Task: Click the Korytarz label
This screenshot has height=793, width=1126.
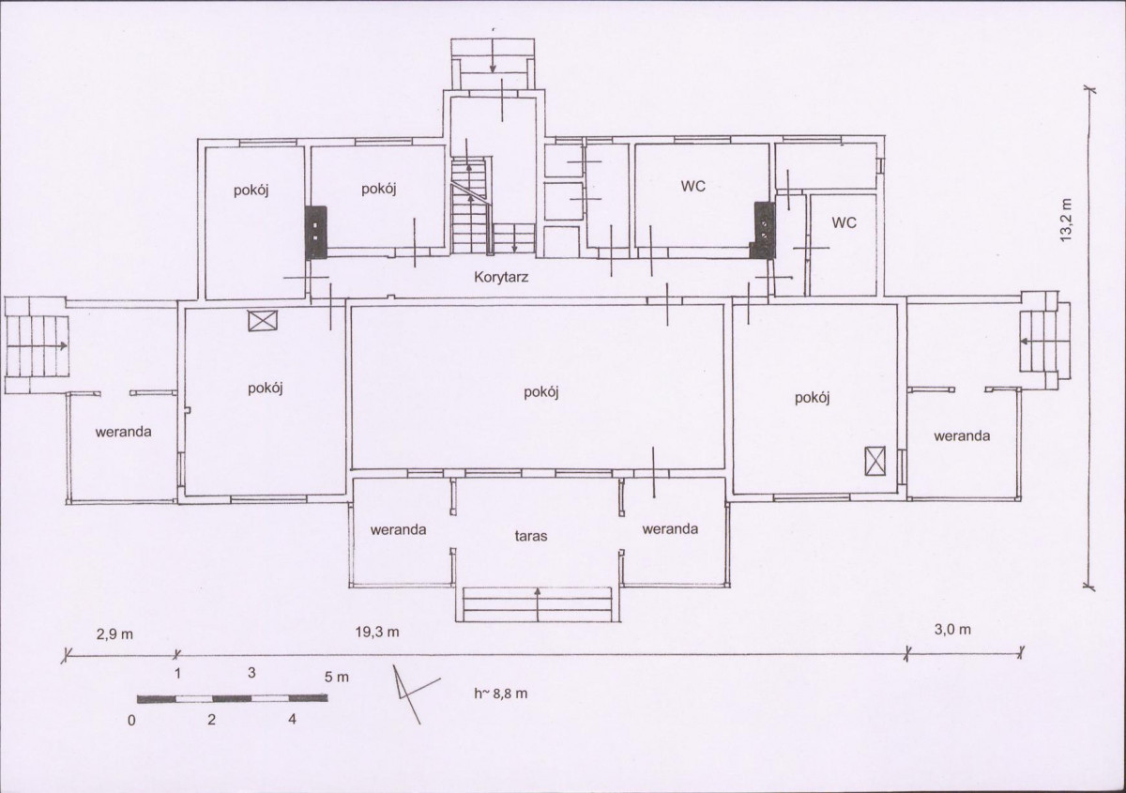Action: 501,277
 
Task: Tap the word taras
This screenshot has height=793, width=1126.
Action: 531,536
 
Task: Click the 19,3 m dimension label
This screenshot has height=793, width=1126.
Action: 377,633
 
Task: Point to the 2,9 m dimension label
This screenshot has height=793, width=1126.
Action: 114,634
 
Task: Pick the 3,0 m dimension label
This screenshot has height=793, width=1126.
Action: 952,629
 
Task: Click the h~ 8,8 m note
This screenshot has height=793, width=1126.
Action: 501,694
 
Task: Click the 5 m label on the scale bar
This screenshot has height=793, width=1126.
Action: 336,677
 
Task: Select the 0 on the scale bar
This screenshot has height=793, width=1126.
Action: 131,720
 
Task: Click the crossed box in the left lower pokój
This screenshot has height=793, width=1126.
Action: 263,320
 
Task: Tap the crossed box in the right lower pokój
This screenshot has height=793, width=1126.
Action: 875,461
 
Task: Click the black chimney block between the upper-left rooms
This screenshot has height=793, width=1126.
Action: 316,233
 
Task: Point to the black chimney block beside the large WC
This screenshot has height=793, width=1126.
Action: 763,230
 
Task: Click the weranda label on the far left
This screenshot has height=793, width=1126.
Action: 123,432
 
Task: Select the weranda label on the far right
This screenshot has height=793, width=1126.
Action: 962,436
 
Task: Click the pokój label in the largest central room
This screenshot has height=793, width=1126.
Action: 540,392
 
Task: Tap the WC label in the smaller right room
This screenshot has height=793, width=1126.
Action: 844,222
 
